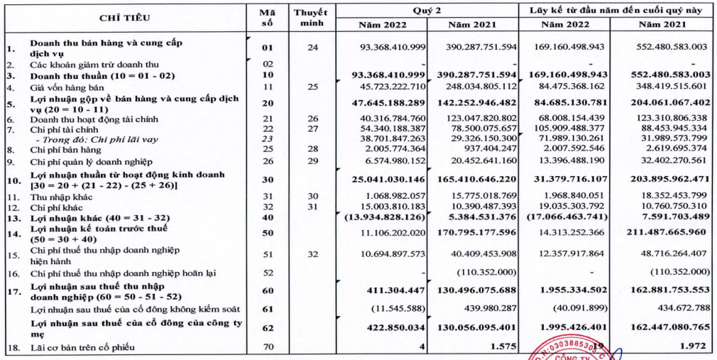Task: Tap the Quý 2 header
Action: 427,10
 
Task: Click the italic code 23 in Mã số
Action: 267,140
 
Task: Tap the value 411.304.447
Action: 398,290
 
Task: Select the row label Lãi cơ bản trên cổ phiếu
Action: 75,347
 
